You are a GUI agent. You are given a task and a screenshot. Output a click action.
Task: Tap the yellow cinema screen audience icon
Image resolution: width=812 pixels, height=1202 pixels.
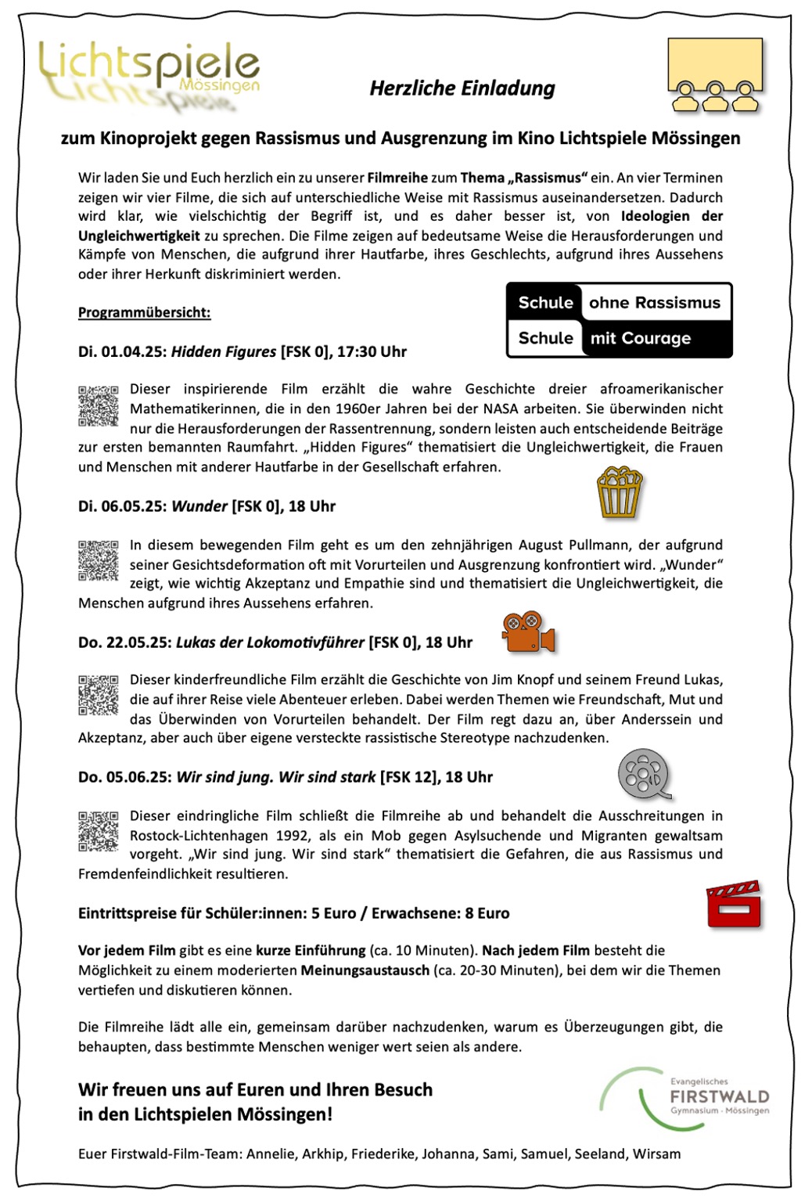[715, 75]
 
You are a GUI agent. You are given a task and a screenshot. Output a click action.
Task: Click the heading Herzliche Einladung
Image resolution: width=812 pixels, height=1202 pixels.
[462, 88]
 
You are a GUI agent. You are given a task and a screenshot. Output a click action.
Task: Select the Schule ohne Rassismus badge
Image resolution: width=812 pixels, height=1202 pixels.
[619, 320]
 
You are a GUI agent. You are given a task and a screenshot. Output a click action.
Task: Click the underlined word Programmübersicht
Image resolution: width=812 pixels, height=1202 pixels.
[144, 313]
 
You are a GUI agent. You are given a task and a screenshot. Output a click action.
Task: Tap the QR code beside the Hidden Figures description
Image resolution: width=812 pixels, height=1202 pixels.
[99, 405]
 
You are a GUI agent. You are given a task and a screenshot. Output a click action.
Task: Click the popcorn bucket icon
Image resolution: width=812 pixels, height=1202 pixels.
[619, 492]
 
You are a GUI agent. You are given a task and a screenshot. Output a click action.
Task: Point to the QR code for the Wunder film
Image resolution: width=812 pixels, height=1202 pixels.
[99, 560]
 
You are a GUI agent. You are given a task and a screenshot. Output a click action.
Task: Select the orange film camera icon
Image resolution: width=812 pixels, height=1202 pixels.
[528, 632]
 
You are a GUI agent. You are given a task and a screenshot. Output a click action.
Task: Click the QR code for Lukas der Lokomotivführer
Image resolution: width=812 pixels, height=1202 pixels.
[99, 695]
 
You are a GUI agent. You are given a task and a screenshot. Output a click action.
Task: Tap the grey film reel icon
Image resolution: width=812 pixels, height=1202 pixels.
[645, 774]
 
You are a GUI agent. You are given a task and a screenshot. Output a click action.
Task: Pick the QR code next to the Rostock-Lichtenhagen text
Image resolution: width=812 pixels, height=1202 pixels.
[99, 831]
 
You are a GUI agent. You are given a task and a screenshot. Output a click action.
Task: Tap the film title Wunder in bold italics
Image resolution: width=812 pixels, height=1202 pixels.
[199, 506]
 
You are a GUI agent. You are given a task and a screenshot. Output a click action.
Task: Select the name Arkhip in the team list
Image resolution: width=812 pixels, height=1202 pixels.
[322, 1154]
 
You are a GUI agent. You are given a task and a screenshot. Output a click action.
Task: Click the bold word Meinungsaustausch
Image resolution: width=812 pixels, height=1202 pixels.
[365, 970]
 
